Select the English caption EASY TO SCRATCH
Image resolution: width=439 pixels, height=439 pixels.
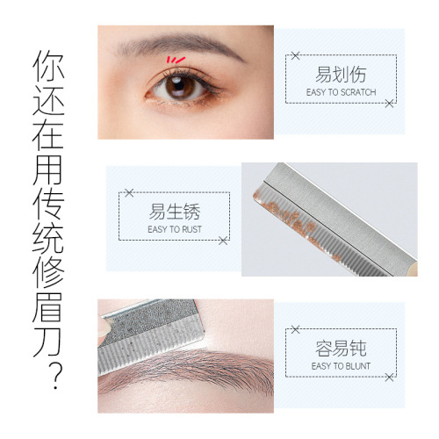point(340,92)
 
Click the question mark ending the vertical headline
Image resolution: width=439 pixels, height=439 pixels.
point(54,377)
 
